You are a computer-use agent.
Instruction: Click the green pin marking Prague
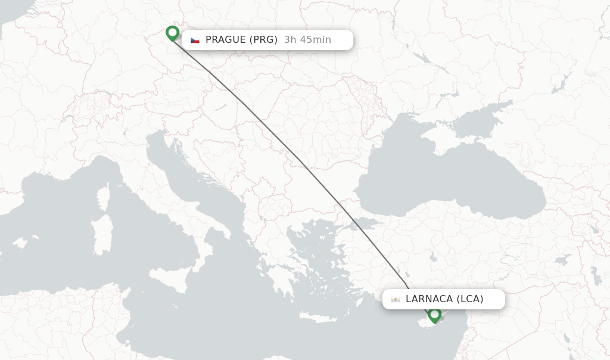(173, 33)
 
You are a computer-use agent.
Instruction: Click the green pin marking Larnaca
(434, 314)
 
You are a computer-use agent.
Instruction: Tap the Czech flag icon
(195, 40)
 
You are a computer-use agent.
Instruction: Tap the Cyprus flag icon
(396, 299)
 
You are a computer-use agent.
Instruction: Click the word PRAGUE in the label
(225, 40)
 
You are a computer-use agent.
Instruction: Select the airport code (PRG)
(263, 40)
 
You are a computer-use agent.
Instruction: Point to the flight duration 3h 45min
(307, 40)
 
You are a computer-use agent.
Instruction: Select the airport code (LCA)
(470, 299)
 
